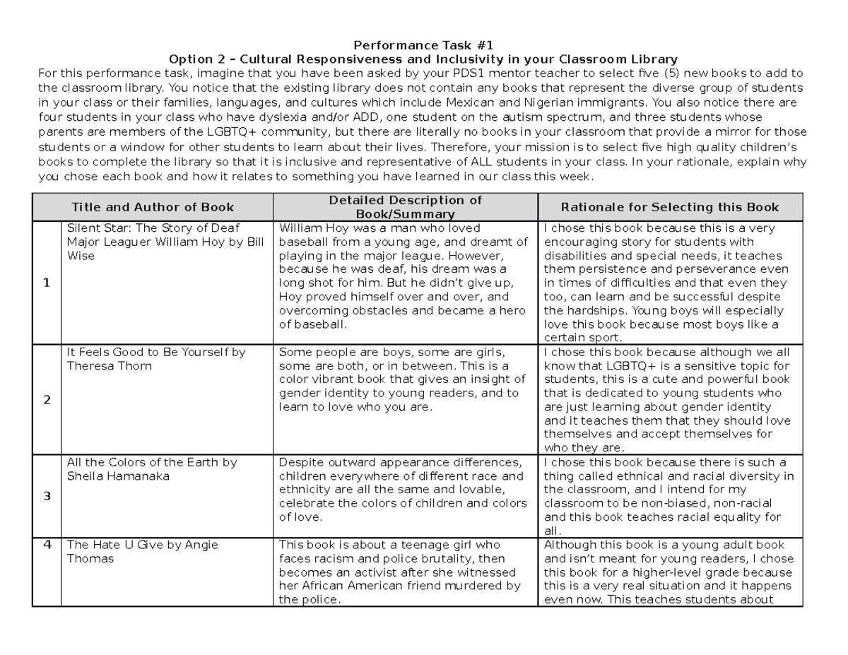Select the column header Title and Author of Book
click(x=153, y=207)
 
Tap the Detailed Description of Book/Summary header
click(x=405, y=207)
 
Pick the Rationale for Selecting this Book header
click(x=669, y=207)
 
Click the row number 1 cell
click(x=47, y=283)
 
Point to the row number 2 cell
click(x=47, y=399)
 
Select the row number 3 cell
click(x=47, y=496)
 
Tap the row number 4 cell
click(x=47, y=545)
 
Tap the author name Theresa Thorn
click(x=110, y=366)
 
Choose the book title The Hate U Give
click(x=107, y=545)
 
